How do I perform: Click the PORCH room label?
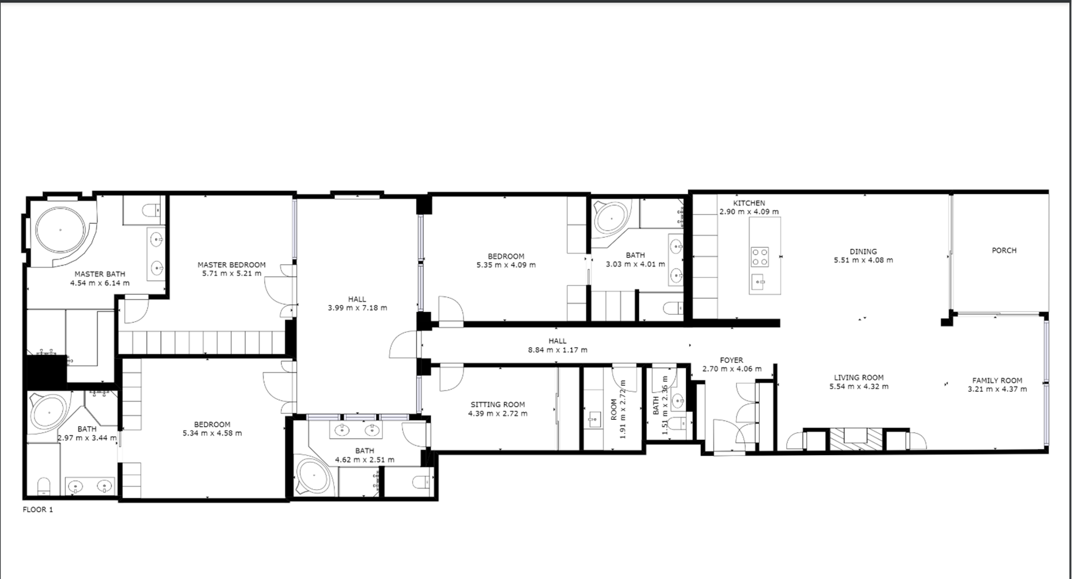click(1004, 251)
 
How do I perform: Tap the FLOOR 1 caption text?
click(38, 510)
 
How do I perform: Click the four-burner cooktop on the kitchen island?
click(759, 256)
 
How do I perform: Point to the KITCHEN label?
click(749, 203)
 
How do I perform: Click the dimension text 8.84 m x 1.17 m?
click(558, 350)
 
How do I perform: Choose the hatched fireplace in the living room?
click(856, 439)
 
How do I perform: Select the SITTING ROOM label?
click(497, 405)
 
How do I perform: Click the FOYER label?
click(731, 361)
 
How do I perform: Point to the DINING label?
click(863, 252)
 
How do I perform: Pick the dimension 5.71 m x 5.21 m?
click(232, 274)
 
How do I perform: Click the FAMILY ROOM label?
click(997, 381)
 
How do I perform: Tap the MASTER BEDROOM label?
click(232, 265)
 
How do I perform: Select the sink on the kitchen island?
click(758, 283)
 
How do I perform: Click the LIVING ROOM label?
click(859, 378)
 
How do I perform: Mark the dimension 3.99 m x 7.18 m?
click(357, 308)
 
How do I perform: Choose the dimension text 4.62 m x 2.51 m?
click(365, 460)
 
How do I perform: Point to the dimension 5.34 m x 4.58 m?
click(212, 433)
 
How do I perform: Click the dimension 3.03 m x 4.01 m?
click(635, 264)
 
